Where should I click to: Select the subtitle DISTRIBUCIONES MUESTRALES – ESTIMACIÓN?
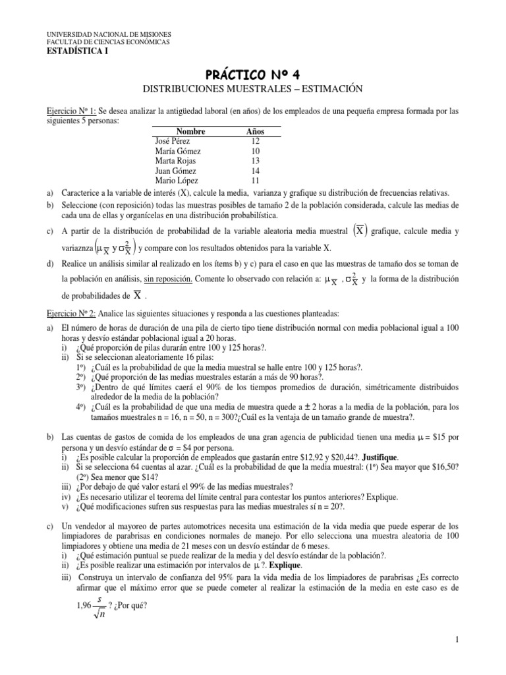253,88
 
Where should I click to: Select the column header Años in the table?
255,131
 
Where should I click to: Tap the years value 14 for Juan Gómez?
256,170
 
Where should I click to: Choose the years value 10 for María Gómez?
256,151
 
